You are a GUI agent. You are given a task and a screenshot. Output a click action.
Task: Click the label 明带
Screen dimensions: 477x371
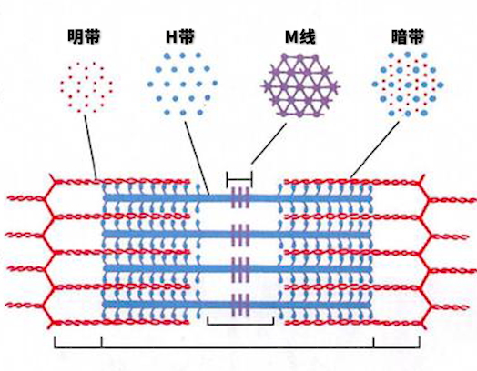(x=84, y=36)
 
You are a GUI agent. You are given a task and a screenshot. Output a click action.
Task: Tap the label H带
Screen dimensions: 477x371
(x=180, y=36)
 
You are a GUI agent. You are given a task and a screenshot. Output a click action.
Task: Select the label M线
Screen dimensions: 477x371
(x=300, y=36)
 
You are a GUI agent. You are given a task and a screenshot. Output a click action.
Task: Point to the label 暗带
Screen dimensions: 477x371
(x=407, y=36)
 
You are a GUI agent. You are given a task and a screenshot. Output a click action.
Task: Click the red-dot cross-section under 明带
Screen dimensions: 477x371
(x=86, y=87)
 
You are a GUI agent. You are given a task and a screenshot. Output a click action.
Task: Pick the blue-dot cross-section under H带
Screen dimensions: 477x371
(x=183, y=85)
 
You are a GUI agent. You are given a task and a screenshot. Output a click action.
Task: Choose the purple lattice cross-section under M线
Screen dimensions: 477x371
(x=300, y=85)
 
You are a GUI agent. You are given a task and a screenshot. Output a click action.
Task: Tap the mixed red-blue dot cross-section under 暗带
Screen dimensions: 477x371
(x=408, y=85)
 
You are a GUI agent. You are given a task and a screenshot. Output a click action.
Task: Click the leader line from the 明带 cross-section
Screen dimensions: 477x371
(x=91, y=147)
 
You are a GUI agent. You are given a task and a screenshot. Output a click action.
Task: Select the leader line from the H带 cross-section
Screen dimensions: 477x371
(x=197, y=158)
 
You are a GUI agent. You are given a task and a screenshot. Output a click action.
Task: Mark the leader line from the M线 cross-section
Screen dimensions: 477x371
(x=269, y=144)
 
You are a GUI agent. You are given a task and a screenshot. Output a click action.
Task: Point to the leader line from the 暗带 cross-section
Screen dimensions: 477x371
(x=374, y=150)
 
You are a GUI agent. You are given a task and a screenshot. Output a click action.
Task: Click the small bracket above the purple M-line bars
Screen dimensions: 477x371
(x=239, y=179)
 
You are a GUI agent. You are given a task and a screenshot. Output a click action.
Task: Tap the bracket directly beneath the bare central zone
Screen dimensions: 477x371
(x=240, y=324)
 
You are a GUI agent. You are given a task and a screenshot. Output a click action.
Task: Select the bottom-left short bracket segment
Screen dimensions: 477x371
(x=78, y=346)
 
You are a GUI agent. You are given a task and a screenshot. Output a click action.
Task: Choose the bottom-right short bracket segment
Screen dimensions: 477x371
(x=397, y=346)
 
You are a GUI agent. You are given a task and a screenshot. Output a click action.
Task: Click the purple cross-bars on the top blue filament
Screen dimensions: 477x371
(x=240, y=198)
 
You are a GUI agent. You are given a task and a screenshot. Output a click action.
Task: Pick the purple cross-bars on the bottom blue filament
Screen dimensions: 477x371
(x=240, y=305)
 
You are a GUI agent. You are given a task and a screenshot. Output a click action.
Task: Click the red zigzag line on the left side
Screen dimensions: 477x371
(x=49, y=252)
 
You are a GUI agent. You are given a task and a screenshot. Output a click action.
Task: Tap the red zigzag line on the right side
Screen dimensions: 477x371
(x=425, y=252)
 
